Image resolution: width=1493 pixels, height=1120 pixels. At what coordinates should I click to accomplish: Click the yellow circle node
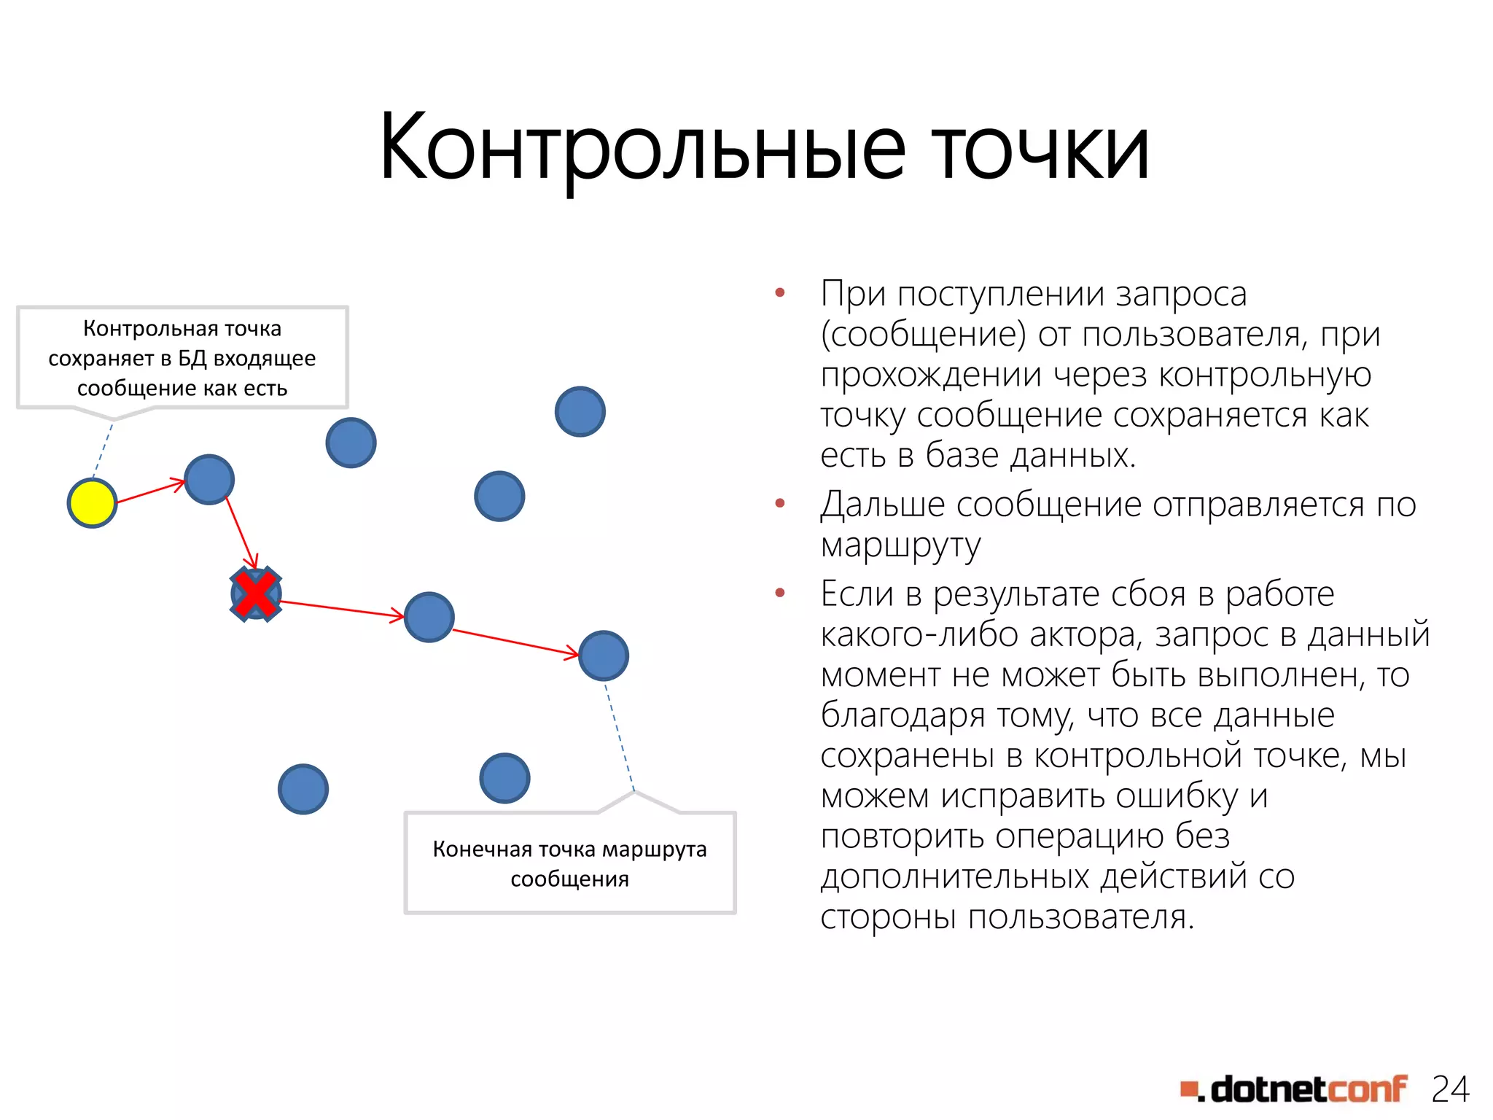coord(93,503)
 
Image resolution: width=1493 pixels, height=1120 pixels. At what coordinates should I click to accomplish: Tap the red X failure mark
coord(256,594)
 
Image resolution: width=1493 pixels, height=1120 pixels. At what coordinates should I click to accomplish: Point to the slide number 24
coord(1450,1089)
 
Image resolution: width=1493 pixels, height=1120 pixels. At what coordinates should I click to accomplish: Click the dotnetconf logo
coord(1294,1089)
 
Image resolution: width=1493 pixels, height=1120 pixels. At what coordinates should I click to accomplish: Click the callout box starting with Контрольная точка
coord(182,358)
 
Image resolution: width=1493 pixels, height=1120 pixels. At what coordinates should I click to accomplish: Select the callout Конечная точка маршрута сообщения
coord(570,863)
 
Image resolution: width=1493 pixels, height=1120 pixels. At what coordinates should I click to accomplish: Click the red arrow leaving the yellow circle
coord(150,491)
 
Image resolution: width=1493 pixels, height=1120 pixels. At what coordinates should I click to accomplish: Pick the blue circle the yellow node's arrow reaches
coord(209,480)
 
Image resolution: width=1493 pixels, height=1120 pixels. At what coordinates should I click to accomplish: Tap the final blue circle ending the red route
coord(604,656)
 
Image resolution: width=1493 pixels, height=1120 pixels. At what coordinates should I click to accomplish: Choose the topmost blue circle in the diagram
coord(580,411)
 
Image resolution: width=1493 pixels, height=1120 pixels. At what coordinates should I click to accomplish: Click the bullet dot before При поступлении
coord(780,293)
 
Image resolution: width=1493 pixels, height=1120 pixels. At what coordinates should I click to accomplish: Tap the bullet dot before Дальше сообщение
coord(780,503)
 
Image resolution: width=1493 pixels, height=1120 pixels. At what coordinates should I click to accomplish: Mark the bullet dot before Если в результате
coord(780,593)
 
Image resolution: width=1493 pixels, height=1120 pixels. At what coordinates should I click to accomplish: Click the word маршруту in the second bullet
coord(901,545)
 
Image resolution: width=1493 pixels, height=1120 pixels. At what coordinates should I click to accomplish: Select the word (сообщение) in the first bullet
coord(923,335)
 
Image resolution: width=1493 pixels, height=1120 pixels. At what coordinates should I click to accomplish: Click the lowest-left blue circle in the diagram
coord(303,789)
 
